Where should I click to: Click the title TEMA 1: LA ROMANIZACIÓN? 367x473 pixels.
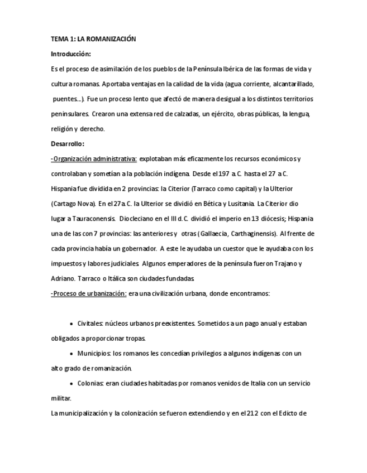click(93, 39)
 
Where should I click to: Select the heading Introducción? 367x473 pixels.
click(70, 54)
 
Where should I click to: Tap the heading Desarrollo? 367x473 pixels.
click(67, 144)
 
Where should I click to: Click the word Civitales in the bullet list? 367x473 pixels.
click(89, 324)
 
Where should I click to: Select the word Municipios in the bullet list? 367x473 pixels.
click(94, 354)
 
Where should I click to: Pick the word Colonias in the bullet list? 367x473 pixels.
click(90, 384)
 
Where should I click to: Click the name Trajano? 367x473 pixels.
click(290, 263)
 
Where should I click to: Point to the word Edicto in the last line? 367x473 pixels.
click(286, 414)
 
